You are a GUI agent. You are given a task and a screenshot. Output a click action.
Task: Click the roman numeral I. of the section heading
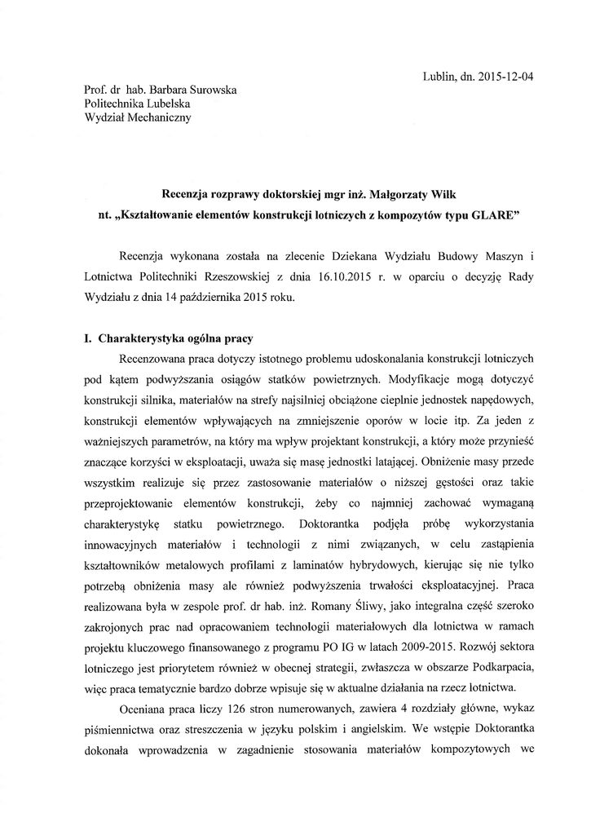tap(89, 337)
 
